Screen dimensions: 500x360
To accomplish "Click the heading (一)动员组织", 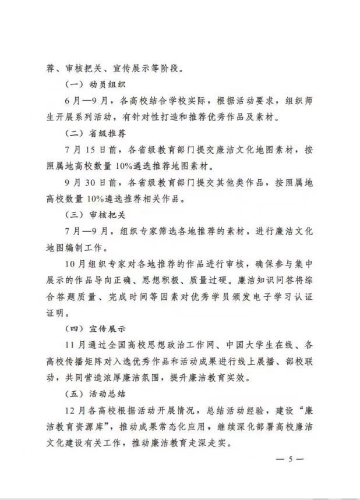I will [91, 84].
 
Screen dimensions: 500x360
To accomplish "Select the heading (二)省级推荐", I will [91, 133].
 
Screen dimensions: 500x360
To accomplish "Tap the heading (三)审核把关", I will [91, 214].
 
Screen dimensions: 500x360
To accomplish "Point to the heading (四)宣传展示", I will [91, 328].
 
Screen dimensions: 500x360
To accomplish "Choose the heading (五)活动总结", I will [91, 393].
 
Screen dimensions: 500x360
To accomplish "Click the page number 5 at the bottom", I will [288, 459].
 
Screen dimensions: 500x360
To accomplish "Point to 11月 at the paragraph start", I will [72, 344].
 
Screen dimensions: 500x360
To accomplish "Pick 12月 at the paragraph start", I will [72, 409].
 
